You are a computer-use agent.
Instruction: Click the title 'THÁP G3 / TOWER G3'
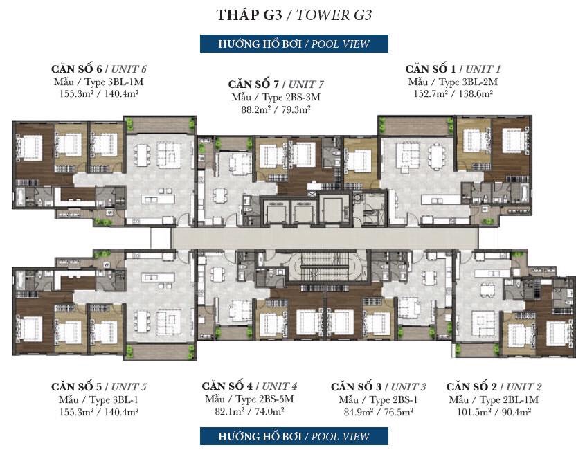[x=294, y=15]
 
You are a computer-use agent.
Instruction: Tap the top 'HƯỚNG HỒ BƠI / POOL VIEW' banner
[x=294, y=44]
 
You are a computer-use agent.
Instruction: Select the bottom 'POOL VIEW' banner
[x=294, y=436]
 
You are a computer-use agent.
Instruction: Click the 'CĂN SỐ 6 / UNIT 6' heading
[x=99, y=69]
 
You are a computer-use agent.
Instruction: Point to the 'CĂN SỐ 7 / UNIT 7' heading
[x=276, y=84]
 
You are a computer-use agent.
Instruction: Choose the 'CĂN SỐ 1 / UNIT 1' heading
[x=453, y=69]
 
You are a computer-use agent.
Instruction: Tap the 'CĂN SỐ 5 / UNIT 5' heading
[x=99, y=386]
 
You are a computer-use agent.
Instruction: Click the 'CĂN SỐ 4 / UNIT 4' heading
[x=249, y=386]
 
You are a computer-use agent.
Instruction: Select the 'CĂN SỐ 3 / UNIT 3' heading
[x=378, y=386]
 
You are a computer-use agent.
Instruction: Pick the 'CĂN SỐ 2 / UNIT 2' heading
[x=494, y=386]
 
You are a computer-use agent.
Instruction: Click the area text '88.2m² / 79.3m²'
[x=276, y=109]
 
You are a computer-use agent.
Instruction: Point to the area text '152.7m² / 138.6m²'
[x=453, y=93]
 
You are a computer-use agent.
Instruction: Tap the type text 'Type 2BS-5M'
[x=265, y=399]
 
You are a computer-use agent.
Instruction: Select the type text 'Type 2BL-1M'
[x=510, y=400]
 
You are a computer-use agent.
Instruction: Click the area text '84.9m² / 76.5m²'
[x=378, y=412]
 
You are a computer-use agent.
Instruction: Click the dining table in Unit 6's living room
[x=142, y=155]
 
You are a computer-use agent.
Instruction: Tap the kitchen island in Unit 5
[x=158, y=278]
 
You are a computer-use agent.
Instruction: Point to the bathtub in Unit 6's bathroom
[x=20, y=197]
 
